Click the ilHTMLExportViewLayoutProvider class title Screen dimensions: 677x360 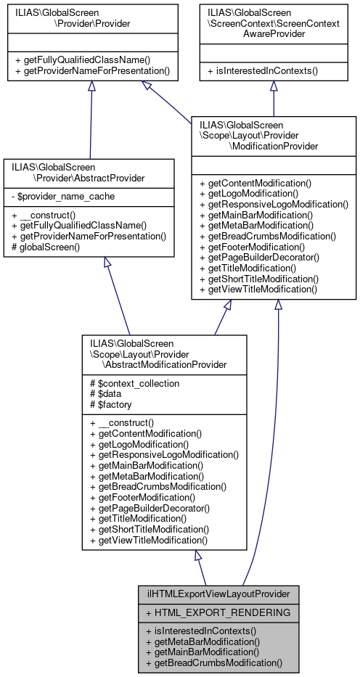click(218, 594)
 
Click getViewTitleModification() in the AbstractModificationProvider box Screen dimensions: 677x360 click(152, 541)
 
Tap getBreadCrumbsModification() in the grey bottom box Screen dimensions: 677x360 click(213, 662)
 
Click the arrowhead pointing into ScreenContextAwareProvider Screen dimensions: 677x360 click(273, 86)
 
